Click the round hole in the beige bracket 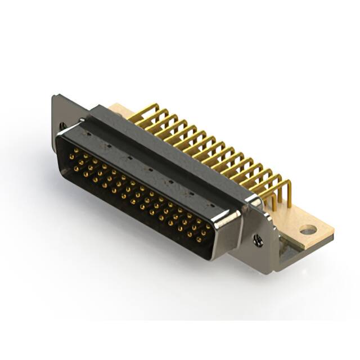[308, 229]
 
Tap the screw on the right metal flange [258, 240]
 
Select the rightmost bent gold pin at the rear [287, 191]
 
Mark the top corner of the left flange [54, 97]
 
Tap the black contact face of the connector [135, 197]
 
